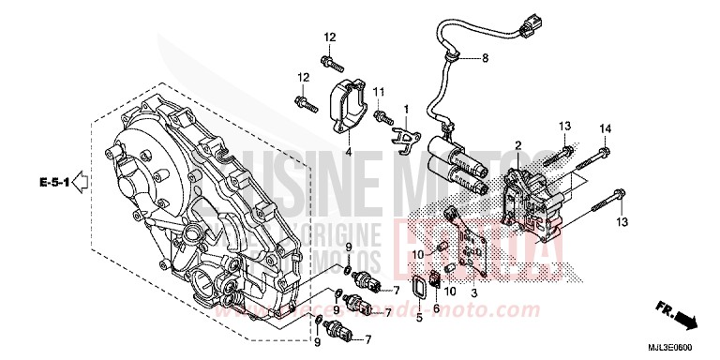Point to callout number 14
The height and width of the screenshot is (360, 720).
coord(605,127)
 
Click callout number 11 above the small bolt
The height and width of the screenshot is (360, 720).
coord(380,90)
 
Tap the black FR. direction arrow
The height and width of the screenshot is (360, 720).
coord(693,322)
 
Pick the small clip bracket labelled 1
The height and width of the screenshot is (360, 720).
coord(403,135)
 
